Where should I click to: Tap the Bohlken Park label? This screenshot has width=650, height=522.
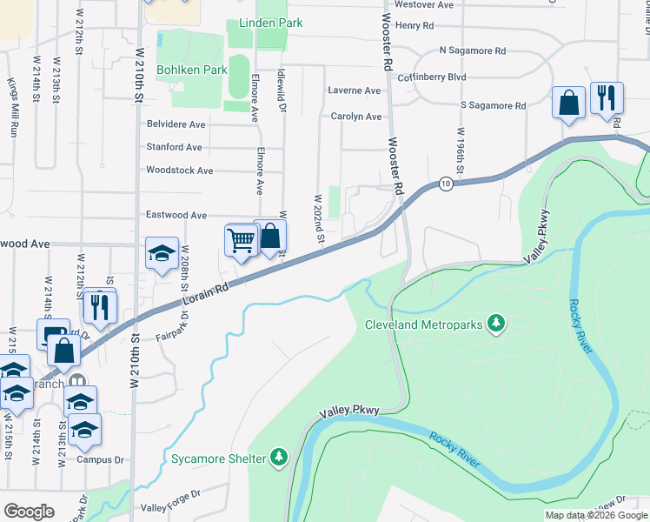[192, 70]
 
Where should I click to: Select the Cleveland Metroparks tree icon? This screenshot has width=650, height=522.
[496, 325]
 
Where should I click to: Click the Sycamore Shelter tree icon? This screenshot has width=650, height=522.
[279, 457]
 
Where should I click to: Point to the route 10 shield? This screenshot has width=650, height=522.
[446, 184]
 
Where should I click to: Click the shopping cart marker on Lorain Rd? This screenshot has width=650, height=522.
[241, 239]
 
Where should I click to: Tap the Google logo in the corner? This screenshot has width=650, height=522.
[29, 512]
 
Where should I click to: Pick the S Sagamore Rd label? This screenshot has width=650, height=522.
[493, 105]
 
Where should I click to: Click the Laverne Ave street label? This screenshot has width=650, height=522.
[355, 90]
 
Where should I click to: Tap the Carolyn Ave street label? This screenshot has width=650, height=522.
[356, 117]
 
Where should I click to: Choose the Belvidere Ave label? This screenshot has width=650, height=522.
[176, 124]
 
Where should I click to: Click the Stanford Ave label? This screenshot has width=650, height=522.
[174, 147]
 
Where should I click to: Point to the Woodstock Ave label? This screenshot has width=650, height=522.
[180, 171]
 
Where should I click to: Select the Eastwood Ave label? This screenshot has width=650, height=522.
[176, 215]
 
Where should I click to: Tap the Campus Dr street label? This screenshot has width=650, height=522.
[101, 459]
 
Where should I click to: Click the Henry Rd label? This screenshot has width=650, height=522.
[414, 26]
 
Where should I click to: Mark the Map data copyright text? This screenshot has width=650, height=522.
[595, 515]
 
